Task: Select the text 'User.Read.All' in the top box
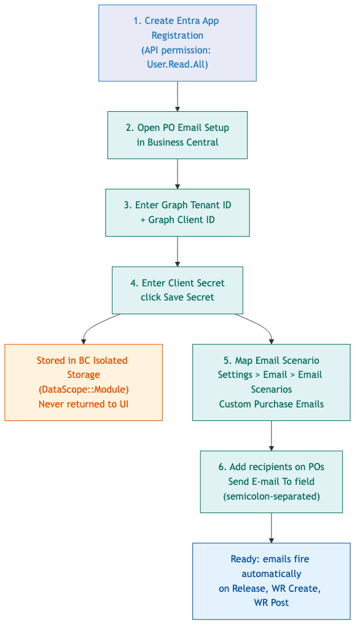point(177,64)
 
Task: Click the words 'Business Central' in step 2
point(182,142)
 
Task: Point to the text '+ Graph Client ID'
point(177,219)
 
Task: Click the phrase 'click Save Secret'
point(177,297)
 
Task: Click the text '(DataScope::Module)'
point(84,389)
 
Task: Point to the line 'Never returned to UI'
point(84,404)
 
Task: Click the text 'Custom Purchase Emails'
point(271,404)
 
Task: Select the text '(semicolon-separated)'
point(271,496)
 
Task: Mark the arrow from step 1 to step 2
point(177,96)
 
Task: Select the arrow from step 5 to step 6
point(271,436)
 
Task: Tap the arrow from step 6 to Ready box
point(271,527)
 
